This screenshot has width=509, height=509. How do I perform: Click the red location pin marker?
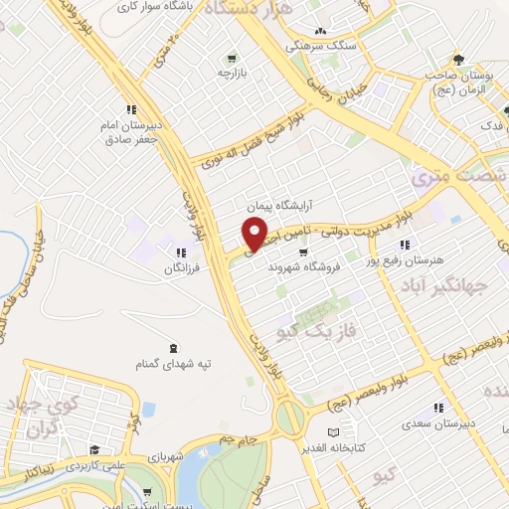(x=255, y=236)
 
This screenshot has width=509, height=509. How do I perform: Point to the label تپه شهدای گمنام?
(x=175, y=365)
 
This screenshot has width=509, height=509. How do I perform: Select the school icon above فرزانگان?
(x=181, y=254)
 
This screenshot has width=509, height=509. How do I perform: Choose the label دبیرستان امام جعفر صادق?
(x=129, y=133)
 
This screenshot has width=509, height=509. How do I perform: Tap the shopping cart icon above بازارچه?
(x=232, y=58)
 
